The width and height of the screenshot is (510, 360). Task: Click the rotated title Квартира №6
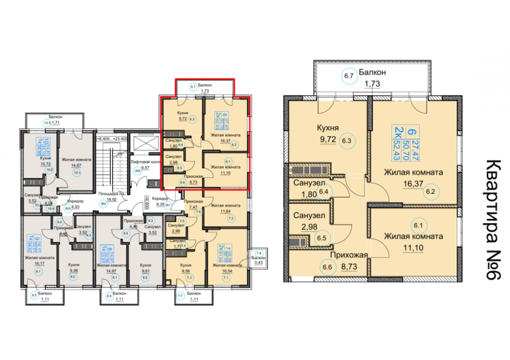tap(493, 220)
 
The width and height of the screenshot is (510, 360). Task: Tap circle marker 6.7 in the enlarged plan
tap(349, 77)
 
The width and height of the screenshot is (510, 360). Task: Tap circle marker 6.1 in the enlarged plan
tap(419, 225)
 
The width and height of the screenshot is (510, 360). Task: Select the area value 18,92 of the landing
tap(112, 200)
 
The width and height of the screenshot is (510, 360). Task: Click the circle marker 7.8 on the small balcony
tap(258, 253)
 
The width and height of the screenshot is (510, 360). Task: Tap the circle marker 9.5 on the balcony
tap(34, 295)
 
